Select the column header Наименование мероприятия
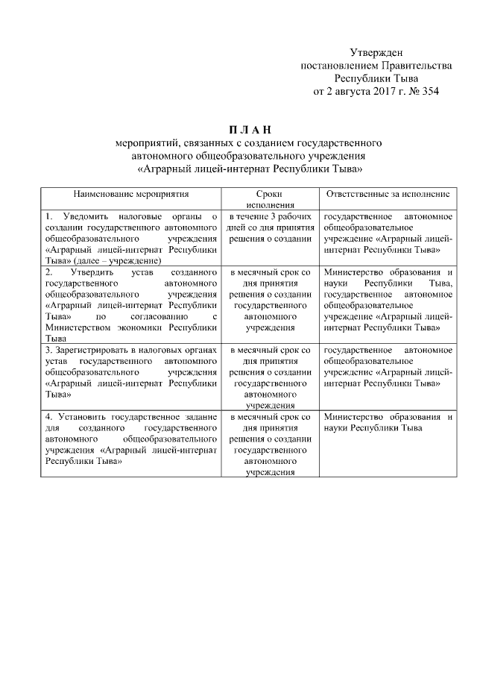click(x=130, y=193)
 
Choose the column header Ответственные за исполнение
click(x=387, y=193)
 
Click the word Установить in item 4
click(x=82, y=417)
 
